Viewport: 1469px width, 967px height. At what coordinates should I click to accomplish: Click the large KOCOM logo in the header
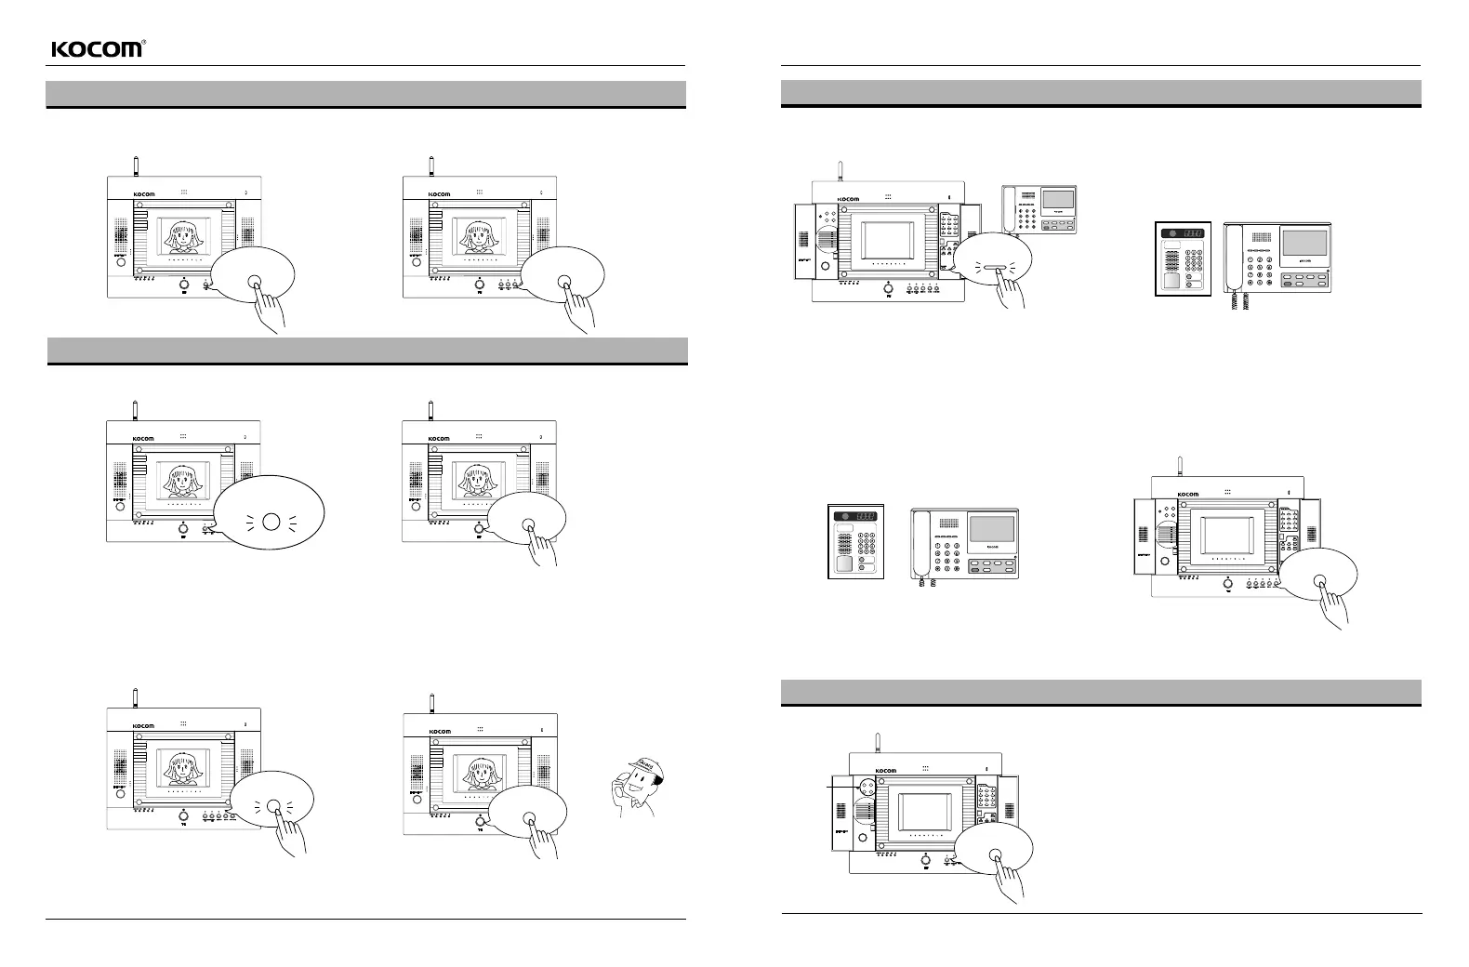click(x=97, y=49)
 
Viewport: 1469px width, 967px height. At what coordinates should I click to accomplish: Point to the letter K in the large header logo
click(x=57, y=49)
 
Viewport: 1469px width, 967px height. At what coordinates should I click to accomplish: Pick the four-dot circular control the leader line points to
click(x=866, y=786)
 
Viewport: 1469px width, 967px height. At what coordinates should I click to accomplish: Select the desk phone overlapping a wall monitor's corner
click(x=1039, y=209)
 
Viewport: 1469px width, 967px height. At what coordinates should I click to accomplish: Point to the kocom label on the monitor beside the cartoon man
click(x=441, y=732)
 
